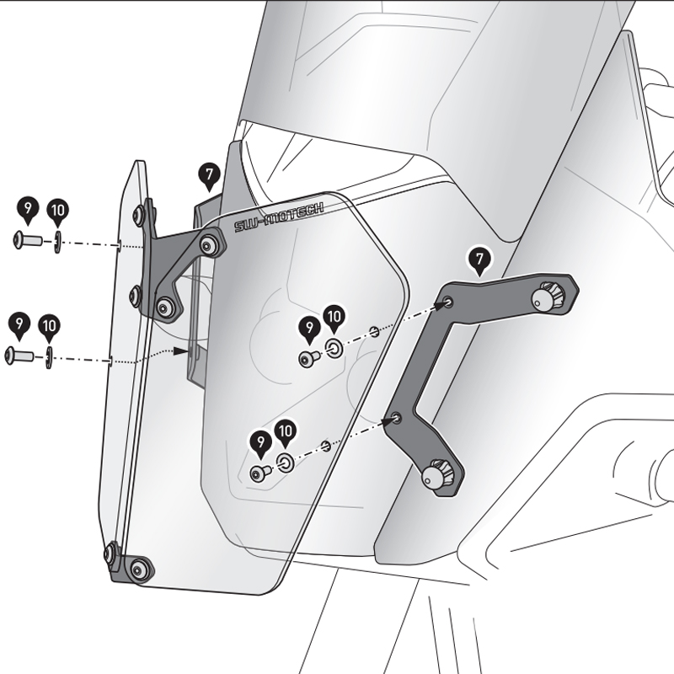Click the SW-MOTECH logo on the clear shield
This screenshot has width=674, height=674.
click(x=279, y=218)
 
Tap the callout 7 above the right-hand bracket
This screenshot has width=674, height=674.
click(x=479, y=260)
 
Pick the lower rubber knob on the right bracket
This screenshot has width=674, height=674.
click(x=437, y=477)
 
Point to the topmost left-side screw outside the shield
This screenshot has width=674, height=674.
click(x=25, y=241)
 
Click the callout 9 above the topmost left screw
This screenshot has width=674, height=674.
click(x=28, y=208)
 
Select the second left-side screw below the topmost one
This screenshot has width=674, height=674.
click(x=19, y=356)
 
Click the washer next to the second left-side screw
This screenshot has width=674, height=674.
click(x=49, y=356)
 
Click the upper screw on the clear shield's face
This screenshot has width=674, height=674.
click(x=308, y=358)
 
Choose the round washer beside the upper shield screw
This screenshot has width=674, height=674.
click(x=334, y=349)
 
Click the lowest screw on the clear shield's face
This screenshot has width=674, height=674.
click(x=259, y=473)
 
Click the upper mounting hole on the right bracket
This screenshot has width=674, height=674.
click(x=447, y=301)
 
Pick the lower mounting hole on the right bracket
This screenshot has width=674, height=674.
click(x=396, y=417)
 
